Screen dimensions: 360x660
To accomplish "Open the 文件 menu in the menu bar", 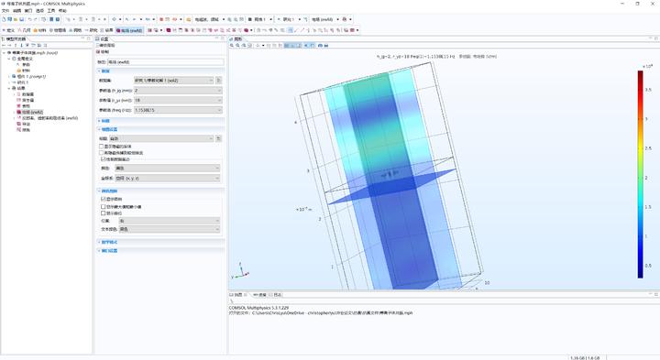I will click(x=5, y=10).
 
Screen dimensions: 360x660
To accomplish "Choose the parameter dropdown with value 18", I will click(x=175, y=100).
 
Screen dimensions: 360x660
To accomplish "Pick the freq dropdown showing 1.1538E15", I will click(x=175, y=110).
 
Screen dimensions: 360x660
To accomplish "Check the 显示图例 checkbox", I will click(x=103, y=198).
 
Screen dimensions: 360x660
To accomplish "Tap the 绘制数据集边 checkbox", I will click(x=103, y=159).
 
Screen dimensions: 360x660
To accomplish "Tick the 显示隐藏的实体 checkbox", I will click(x=103, y=146).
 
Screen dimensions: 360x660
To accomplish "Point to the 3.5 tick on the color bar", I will click(x=647, y=90).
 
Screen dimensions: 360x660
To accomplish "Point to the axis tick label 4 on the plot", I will click(x=294, y=121).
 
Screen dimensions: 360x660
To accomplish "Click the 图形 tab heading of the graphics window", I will click(x=238, y=38).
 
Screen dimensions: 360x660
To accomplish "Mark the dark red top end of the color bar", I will click(x=639, y=74).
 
